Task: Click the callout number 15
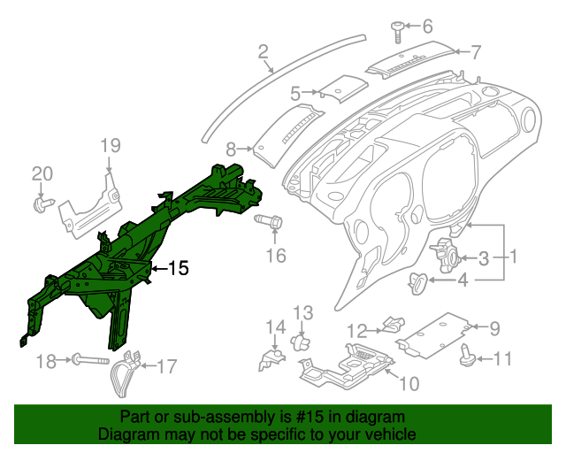(x=179, y=267)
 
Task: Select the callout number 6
(x=427, y=26)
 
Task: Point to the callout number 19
(x=109, y=146)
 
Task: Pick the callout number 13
(x=303, y=312)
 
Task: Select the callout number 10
(x=409, y=383)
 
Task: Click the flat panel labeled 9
(x=433, y=331)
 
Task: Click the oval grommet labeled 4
(x=417, y=283)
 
